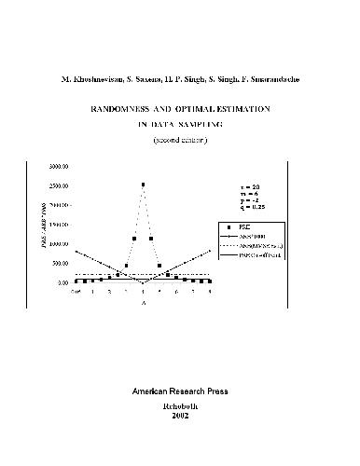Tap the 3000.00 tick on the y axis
tap(58, 166)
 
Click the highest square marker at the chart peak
tap(143, 185)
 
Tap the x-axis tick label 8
tap(210, 292)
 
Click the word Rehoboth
tap(179, 405)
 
